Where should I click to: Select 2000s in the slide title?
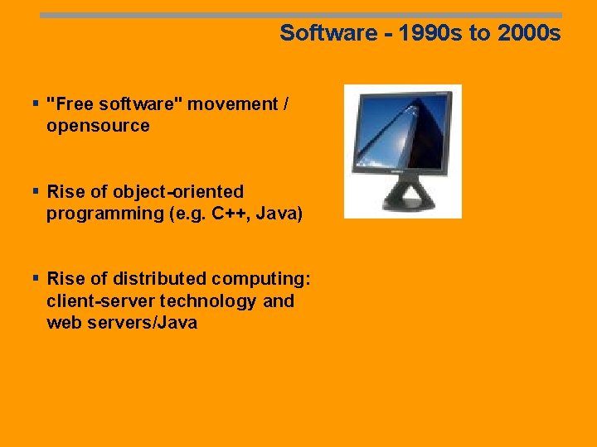click(529, 33)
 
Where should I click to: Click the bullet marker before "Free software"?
click(36, 103)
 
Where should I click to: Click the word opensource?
click(98, 126)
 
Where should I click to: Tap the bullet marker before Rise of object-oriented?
click(36, 191)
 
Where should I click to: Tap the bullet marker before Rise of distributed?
click(36, 278)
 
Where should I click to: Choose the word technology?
click(208, 301)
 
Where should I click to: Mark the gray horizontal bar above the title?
click(300, 15)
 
